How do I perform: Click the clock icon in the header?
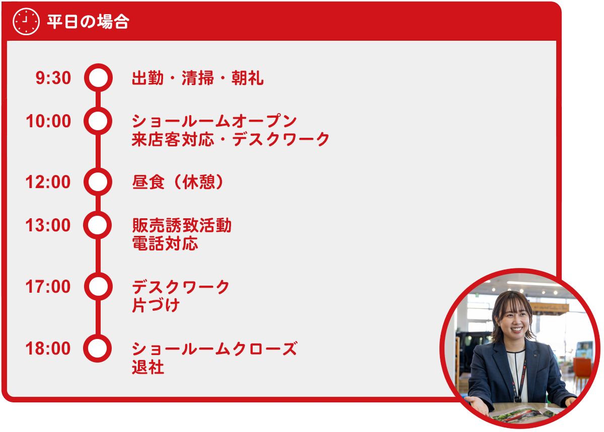point(26,22)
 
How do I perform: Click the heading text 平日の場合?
point(88,22)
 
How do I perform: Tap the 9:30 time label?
point(53,78)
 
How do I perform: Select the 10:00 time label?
point(48,121)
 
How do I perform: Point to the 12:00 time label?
point(48,182)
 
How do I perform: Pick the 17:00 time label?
point(48,286)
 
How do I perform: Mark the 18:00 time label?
point(48,348)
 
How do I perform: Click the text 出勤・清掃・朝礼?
point(198,78)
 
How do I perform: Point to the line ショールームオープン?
point(214,121)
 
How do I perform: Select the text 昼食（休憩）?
point(178,182)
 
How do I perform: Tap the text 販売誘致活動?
point(182,225)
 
